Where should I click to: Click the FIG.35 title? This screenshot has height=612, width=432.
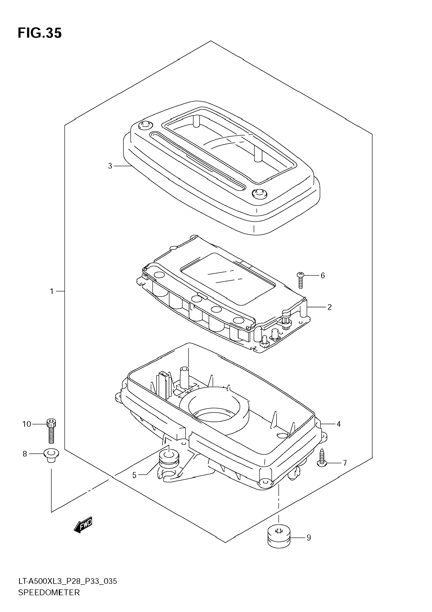40,33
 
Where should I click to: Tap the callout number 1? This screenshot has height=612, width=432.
52,291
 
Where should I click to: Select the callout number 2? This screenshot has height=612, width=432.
329,307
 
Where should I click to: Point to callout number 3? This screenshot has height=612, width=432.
110,166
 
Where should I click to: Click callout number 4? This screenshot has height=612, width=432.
339,424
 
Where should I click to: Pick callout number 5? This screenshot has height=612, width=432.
134,475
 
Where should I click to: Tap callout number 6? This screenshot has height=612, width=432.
323,275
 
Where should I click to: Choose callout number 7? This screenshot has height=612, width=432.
345,463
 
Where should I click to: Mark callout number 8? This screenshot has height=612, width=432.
25,454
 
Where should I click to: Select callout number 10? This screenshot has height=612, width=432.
27,424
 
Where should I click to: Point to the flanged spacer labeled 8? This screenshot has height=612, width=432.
51,455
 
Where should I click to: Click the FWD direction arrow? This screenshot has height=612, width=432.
83,525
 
